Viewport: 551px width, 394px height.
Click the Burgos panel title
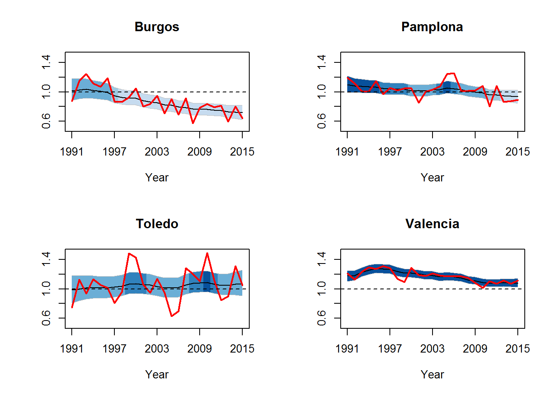(x=157, y=27)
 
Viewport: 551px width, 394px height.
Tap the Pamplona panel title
(x=432, y=27)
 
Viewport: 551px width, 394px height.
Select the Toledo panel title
(x=157, y=224)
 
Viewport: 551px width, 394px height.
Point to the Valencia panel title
(x=432, y=224)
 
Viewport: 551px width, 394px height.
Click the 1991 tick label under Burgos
(x=72, y=152)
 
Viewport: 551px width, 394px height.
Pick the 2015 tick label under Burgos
(x=242, y=152)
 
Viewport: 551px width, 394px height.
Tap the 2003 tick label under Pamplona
(x=433, y=152)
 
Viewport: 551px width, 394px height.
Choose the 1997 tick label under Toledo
(x=114, y=349)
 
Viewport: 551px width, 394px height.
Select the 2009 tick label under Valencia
(x=475, y=349)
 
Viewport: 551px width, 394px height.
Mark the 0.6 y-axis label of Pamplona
(x=321, y=121)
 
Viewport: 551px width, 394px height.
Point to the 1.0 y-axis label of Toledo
(x=46, y=289)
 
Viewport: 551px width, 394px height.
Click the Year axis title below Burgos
(x=157, y=178)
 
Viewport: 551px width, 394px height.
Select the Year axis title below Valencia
(x=432, y=375)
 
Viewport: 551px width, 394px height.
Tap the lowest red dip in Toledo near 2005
(x=171, y=316)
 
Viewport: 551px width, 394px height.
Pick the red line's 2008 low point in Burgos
(x=193, y=123)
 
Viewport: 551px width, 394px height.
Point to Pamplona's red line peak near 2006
(x=453, y=73)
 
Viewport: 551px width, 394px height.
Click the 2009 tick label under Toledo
(x=200, y=349)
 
